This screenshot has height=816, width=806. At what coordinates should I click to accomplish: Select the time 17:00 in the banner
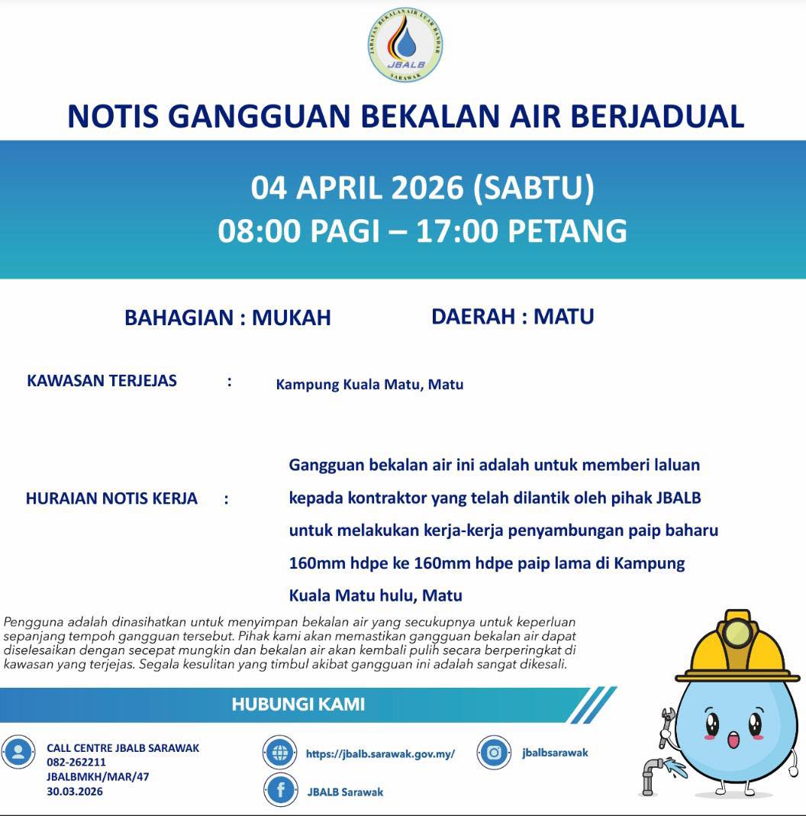click(x=456, y=230)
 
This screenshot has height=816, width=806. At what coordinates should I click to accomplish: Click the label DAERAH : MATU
click(x=512, y=316)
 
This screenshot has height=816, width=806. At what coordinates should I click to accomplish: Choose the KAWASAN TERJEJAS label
click(x=102, y=380)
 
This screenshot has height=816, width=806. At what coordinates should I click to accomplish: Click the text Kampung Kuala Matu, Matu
click(x=369, y=384)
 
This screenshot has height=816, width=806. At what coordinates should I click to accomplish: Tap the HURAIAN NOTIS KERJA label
click(x=111, y=498)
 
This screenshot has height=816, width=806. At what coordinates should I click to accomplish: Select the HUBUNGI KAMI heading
click(x=298, y=704)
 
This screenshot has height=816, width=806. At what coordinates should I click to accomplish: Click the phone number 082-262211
click(x=76, y=762)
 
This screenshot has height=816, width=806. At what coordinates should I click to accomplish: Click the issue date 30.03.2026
click(x=75, y=791)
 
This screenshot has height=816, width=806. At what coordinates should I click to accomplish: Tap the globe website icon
click(x=279, y=753)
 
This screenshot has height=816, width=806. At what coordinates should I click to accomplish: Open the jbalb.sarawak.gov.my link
click(x=380, y=753)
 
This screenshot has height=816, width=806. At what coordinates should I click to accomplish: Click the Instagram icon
click(x=494, y=753)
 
